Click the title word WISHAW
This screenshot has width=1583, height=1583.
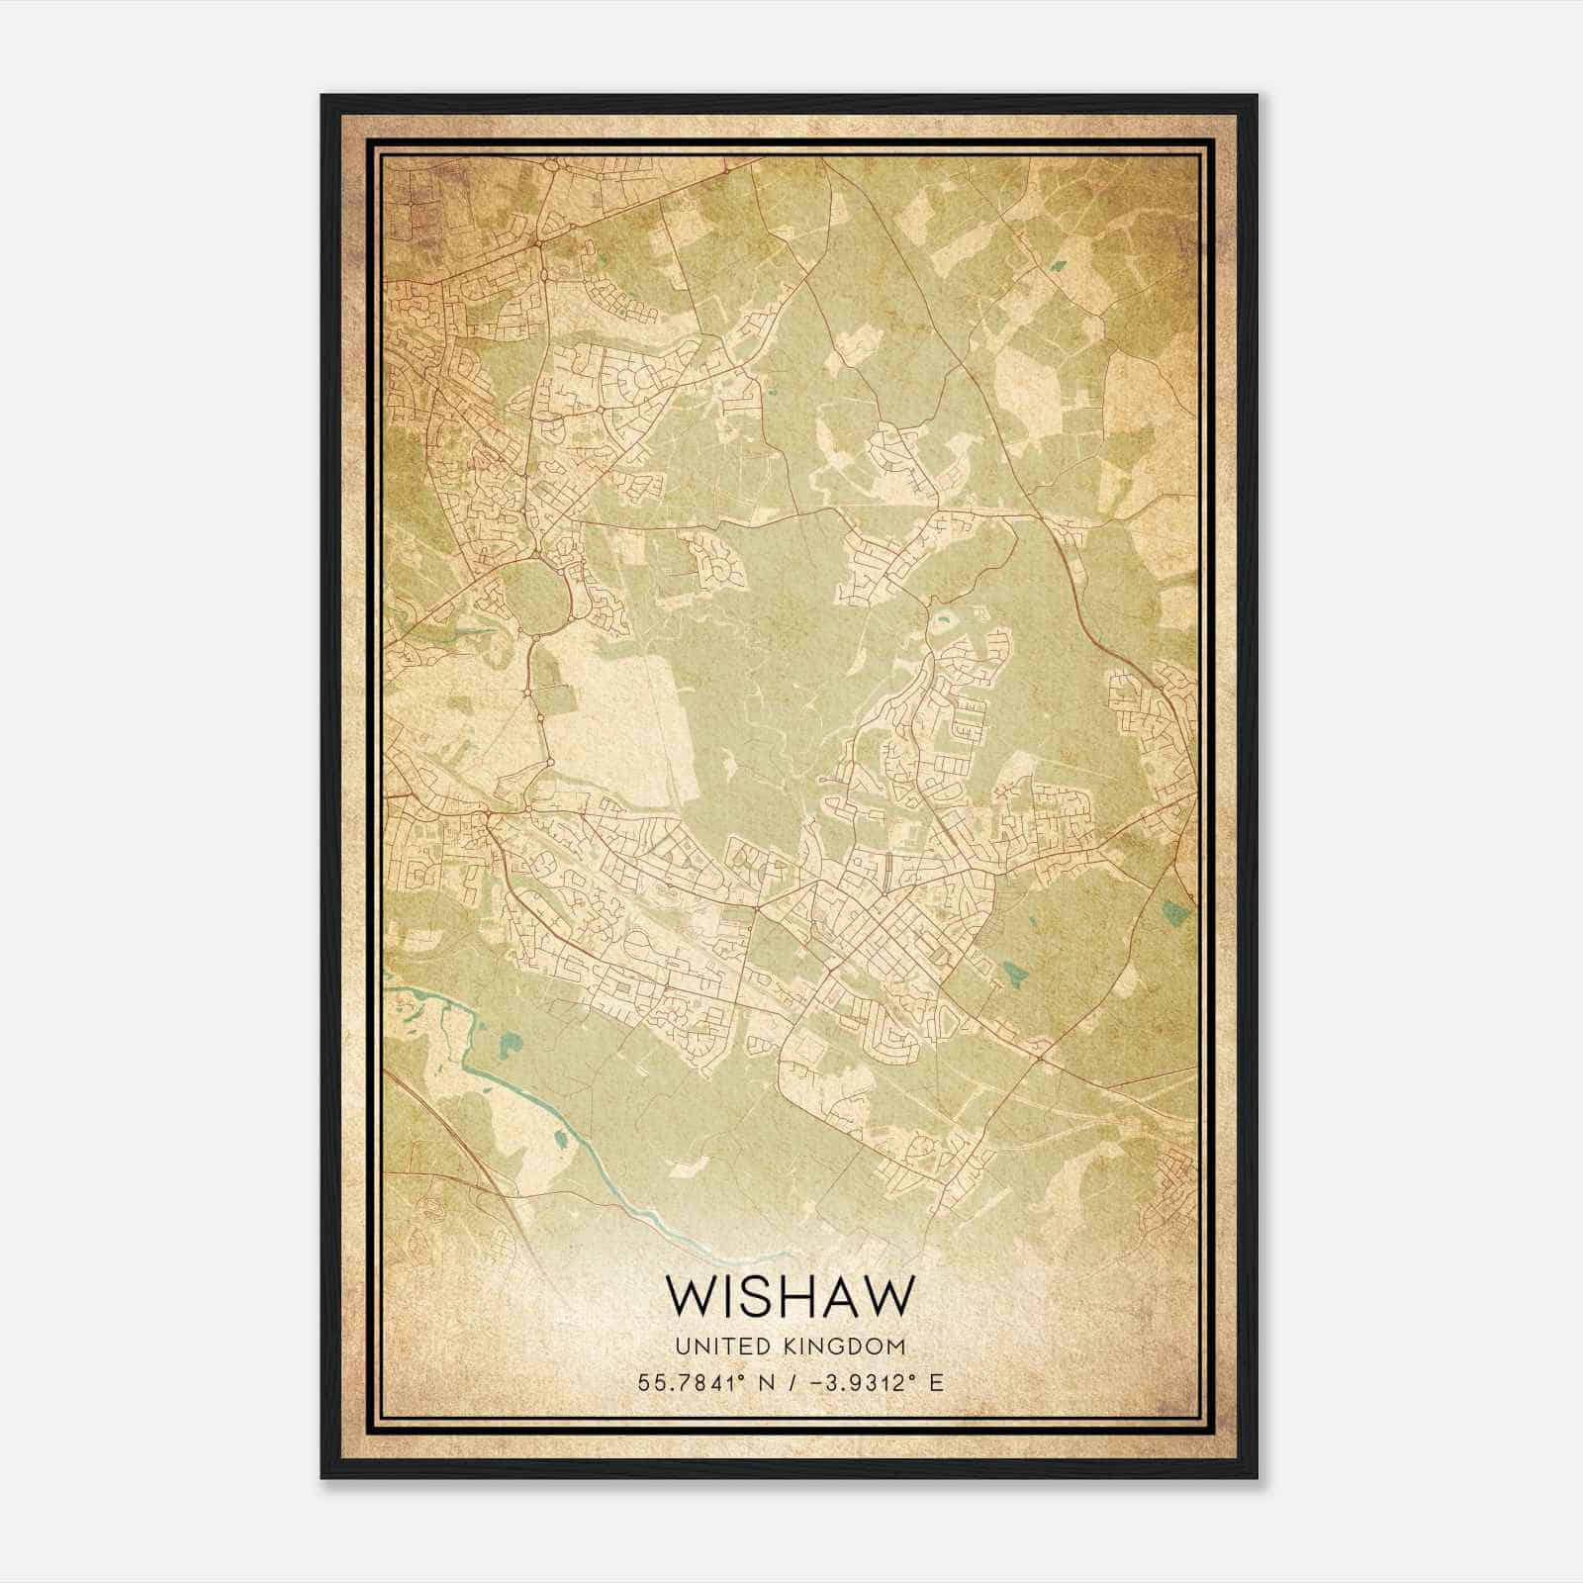pos(790,1296)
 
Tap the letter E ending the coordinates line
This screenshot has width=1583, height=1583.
pos(936,1382)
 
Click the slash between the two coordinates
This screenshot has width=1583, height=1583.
pos(791,1382)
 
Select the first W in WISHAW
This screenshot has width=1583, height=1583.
pos(689,1296)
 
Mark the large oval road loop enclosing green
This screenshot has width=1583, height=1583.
pos(538,598)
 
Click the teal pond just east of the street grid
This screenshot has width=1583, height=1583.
pos(1013,976)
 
